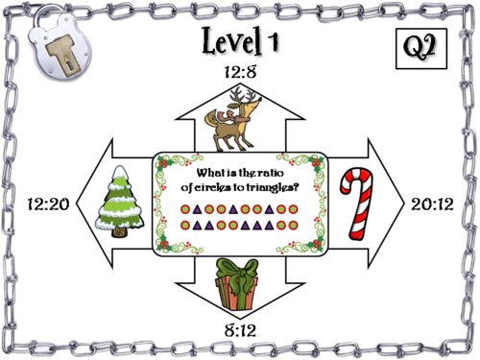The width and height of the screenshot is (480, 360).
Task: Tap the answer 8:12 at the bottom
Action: [x=239, y=330]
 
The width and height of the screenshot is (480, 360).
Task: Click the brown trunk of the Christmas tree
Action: [x=122, y=230]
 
